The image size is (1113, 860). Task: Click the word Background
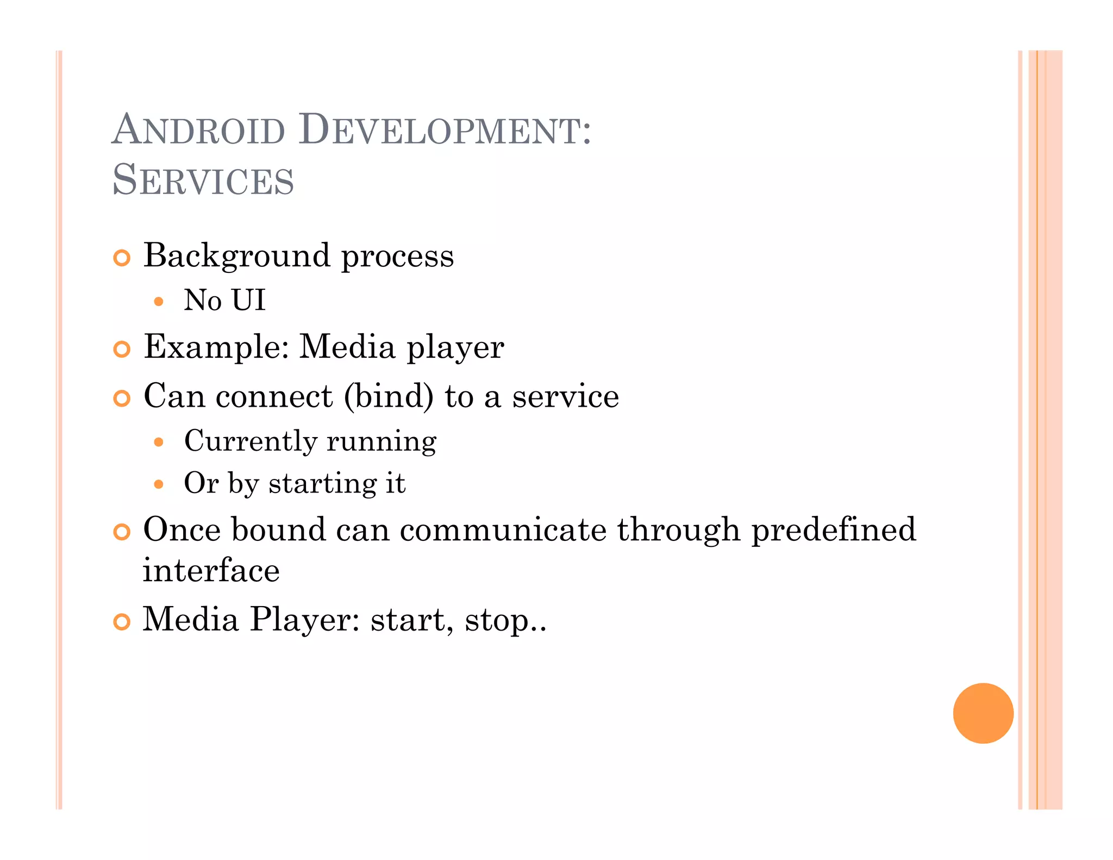pyautogui.click(x=237, y=256)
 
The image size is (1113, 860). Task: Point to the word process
pyautogui.click(x=397, y=256)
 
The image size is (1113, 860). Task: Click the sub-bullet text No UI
pyautogui.click(x=224, y=300)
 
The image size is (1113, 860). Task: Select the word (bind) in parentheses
pyautogui.click(x=389, y=396)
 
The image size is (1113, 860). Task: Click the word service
pyautogui.click(x=565, y=396)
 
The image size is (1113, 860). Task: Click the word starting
pyautogui.click(x=322, y=483)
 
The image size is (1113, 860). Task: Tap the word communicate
pyautogui.click(x=503, y=529)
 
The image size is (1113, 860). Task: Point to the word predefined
pyautogui.click(x=834, y=530)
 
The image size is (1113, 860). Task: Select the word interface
pyautogui.click(x=211, y=571)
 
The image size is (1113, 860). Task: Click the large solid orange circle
pyautogui.click(x=983, y=713)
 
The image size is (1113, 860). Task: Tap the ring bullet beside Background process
pyautogui.click(x=122, y=258)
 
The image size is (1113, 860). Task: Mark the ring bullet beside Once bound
pyautogui.click(x=122, y=532)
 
